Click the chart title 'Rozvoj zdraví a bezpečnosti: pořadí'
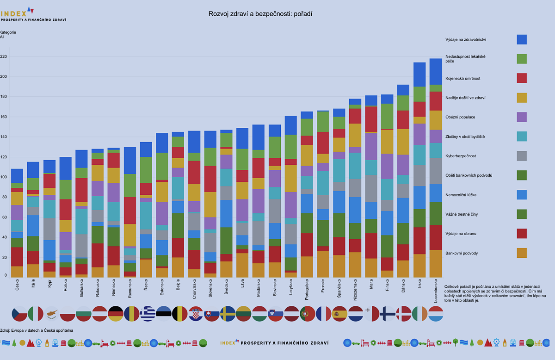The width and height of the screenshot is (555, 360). pos(260,14)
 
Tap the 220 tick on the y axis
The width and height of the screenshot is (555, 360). pos(4,57)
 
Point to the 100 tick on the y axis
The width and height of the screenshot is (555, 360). pos(4,177)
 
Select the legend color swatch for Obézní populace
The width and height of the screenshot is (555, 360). pos(522,117)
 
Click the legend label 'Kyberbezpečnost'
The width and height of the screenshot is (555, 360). pos(460,156)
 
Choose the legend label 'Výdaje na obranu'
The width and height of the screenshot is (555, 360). pos(461,234)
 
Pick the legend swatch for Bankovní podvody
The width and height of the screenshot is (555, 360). pos(522,253)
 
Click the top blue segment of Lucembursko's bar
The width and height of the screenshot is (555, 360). pos(435,71)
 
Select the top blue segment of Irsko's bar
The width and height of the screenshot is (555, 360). pos(419,74)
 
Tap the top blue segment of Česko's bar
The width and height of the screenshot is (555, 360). pos(17,176)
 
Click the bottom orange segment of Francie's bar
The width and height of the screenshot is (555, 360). pos(323,264)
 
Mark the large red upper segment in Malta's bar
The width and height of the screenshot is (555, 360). pos(371,119)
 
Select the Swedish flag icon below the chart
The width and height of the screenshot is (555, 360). pos(227,314)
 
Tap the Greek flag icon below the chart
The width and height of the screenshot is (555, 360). pos(148,314)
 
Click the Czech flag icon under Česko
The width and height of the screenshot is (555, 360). pos(19,314)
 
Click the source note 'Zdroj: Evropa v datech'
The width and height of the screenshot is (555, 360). pos(37,330)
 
